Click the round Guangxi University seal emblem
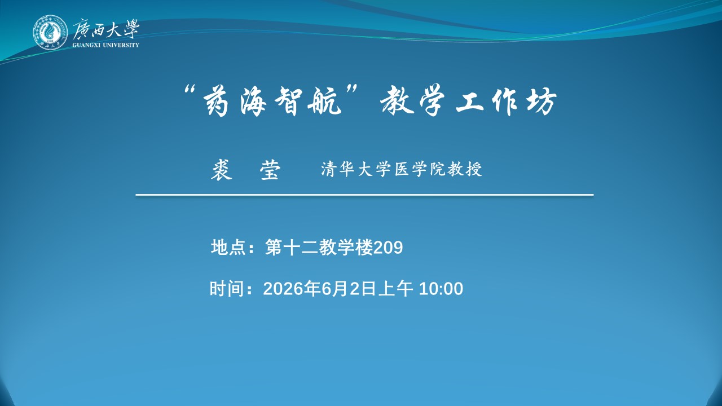point(50,33)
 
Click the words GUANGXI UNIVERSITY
point(105,45)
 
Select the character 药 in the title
point(216,101)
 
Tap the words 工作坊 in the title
point(507,101)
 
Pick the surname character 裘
point(222,170)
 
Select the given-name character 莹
point(270,170)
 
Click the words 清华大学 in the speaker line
point(356,169)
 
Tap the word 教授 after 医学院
point(464,169)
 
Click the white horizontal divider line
point(364,195)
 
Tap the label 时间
point(227,288)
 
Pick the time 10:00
point(441,289)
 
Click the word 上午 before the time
point(396,288)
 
